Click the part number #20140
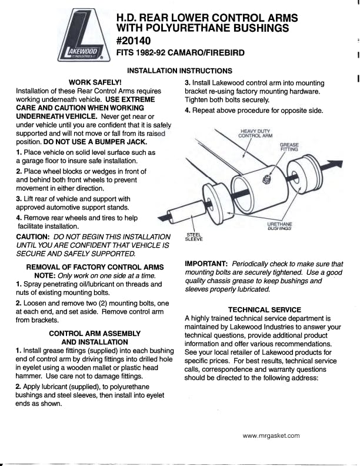coord(134,41)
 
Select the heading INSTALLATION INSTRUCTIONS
coord(179,71)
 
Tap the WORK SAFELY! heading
coord(95,82)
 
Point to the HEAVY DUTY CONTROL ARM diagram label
coord(255,133)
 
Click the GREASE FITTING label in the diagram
coord(289,147)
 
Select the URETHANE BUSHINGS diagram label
coord(279,227)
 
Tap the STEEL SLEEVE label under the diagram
coord(194,237)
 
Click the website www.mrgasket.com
coord(271,436)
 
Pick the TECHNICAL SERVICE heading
coord(264,309)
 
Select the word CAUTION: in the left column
coord(35,237)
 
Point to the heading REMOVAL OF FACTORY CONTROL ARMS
coord(95,267)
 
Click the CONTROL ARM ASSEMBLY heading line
coord(95,333)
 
